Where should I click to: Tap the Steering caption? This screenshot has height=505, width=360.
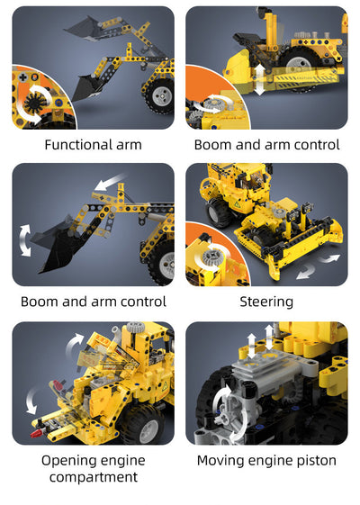pos(266,302)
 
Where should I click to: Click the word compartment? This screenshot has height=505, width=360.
pos(93,477)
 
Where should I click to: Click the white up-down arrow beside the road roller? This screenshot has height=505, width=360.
pos(259,79)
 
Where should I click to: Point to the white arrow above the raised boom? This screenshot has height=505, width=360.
pos(110,185)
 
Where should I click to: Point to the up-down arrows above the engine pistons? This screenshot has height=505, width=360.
pos(261,339)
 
